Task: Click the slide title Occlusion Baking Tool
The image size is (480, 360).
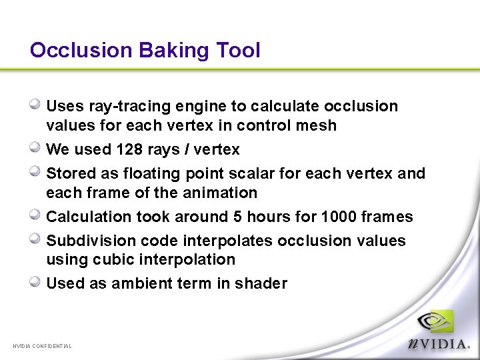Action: pyautogui.click(x=145, y=50)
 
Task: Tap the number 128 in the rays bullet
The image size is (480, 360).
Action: pyautogui.click(x=129, y=149)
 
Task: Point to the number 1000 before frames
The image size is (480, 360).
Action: pyautogui.click(x=339, y=217)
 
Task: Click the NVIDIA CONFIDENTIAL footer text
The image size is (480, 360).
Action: pyautogui.click(x=42, y=346)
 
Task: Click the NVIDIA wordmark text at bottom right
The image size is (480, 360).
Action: pyautogui.click(x=439, y=343)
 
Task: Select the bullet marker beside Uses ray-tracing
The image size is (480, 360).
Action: pyautogui.click(x=37, y=104)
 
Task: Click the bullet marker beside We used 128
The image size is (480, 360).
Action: pyautogui.click(x=37, y=147)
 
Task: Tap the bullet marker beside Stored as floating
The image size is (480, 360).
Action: pyautogui.click(x=37, y=171)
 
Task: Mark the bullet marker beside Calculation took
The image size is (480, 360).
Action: pyautogui.click(x=37, y=215)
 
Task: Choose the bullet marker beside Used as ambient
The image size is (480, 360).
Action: pyautogui.click(x=37, y=281)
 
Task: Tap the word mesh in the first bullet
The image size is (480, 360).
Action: pyautogui.click(x=319, y=125)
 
